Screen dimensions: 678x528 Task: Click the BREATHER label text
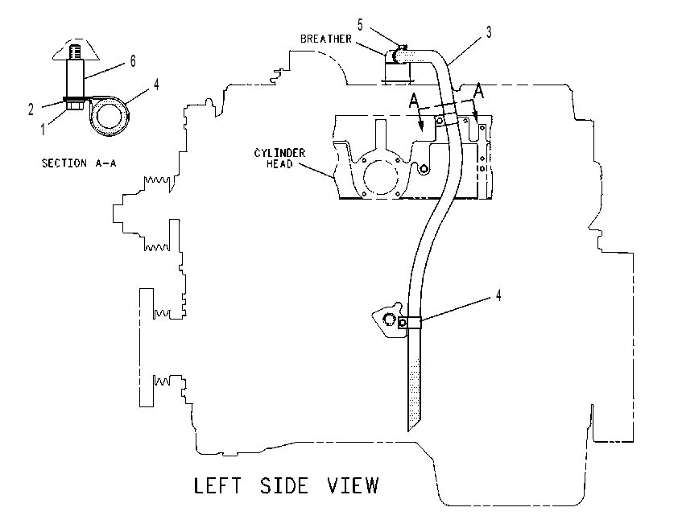click(x=326, y=39)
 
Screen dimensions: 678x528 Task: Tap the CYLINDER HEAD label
click(x=279, y=158)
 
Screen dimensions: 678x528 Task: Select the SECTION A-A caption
click(x=79, y=163)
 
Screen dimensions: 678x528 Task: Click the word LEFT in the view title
click(x=217, y=485)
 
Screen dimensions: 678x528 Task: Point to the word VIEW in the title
click(x=353, y=485)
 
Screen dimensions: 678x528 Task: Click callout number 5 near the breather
click(x=360, y=25)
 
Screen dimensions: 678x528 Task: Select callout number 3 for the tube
click(x=489, y=32)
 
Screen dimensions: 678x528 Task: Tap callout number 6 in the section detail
click(x=133, y=61)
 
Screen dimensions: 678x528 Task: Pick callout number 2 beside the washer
click(x=31, y=109)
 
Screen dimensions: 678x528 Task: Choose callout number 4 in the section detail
click(x=156, y=85)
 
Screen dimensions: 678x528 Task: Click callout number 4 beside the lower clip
click(x=498, y=295)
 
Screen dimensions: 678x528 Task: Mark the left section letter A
click(x=414, y=101)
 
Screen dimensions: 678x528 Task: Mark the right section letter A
click(x=478, y=91)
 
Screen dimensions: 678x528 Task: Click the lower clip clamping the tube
click(x=410, y=323)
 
